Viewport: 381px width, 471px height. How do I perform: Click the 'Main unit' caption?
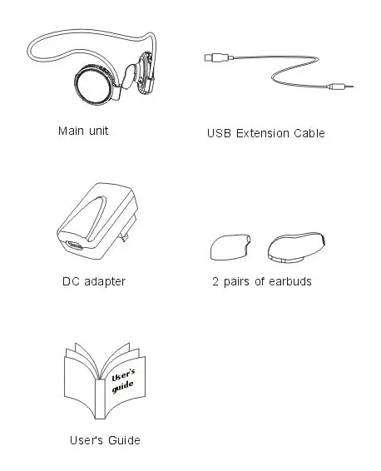point(83,131)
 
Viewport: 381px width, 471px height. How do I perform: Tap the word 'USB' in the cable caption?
point(218,133)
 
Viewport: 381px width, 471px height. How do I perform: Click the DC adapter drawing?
point(90,224)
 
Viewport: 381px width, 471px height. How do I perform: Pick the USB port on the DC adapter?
point(74,247)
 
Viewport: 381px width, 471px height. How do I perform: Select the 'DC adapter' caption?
point(93,281)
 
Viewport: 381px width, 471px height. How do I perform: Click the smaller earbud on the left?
point(228,246)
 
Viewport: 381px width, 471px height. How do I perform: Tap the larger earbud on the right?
point(296,246)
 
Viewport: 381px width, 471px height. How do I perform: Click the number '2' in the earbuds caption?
point(215,281)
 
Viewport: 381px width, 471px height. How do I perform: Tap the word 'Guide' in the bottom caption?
point(124,439)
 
